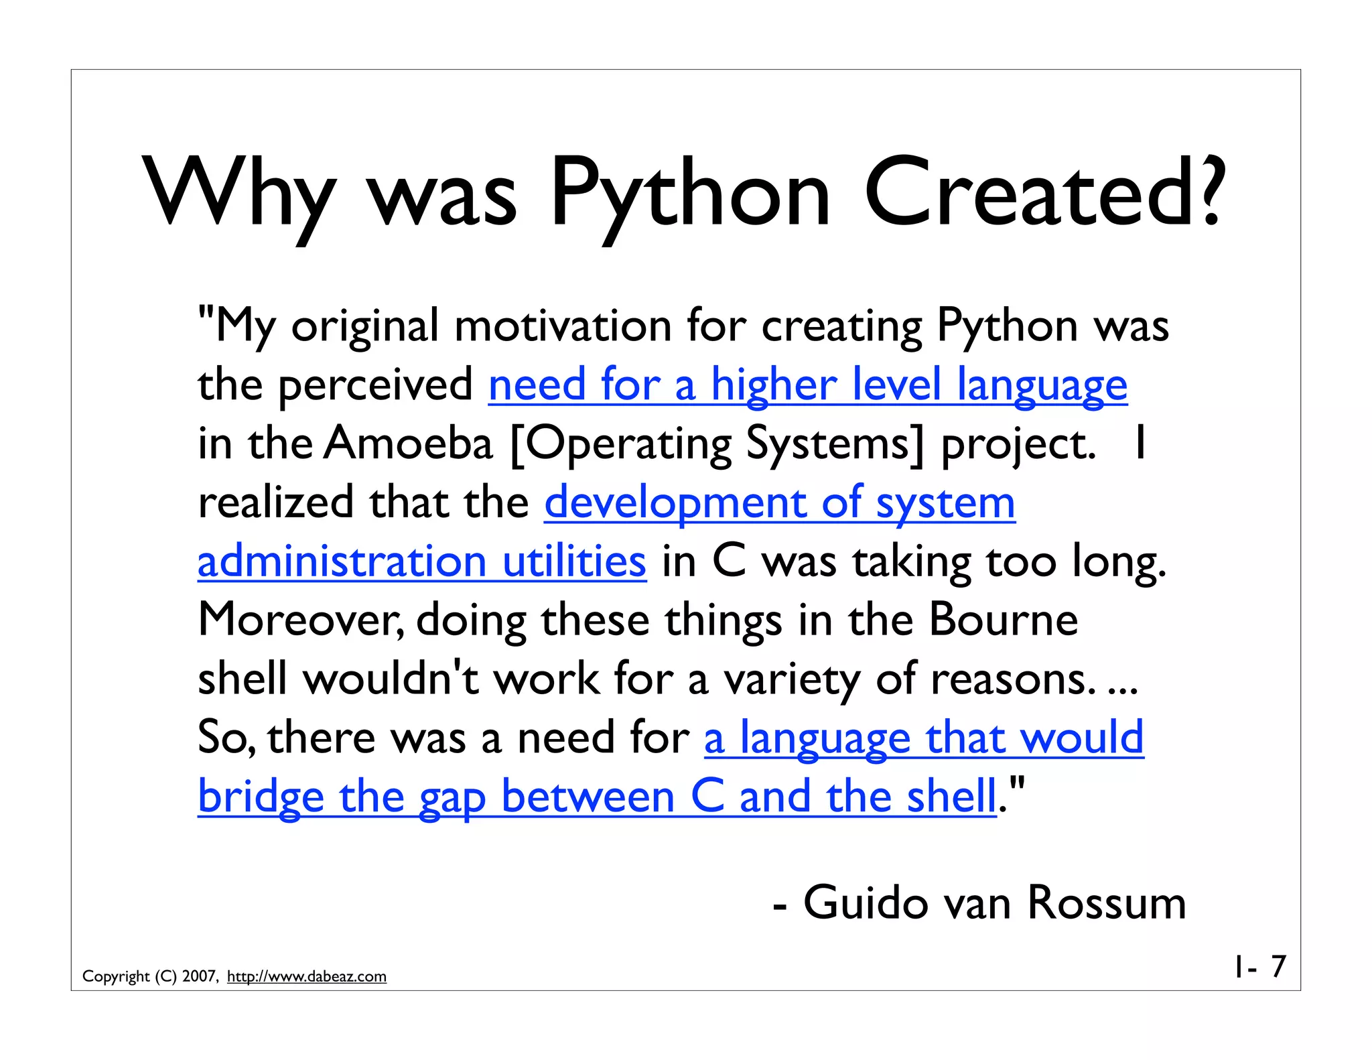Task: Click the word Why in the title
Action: tap(238, 194)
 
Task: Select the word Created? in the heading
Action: tap(1045, 194)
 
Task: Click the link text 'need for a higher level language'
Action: tap(807, 385)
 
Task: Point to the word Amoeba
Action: tap(408, 444)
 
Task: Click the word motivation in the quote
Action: tap(563, 326)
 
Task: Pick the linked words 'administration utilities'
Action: tap(422, 561)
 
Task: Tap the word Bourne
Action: tap(1003, 620)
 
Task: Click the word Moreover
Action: tap(301, 620)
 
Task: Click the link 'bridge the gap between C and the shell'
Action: tap(596, 797)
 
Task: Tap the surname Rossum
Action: tap(1106, 903)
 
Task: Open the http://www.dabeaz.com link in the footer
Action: tap(307, 976)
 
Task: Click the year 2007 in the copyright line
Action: tap(199, 976)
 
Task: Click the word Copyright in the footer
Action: tap(116, 976)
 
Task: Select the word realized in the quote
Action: tap(275, 503)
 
